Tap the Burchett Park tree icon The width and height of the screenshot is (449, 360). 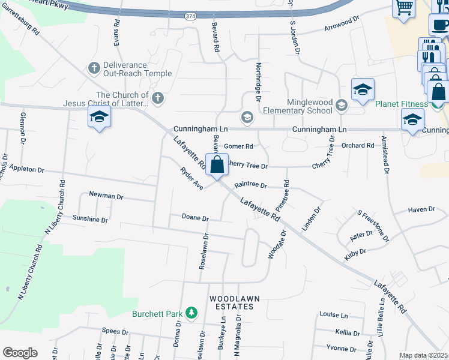pyautogui.click(x=191, y=313)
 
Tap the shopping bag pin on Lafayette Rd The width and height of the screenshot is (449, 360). pyautogui.click(x=217, y=164)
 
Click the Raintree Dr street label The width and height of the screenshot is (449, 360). pyautogui.click(x=250, y=185)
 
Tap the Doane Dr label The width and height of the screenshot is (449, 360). pyautogui.click(x=195, y=218)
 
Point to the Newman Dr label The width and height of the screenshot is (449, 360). pyautogui.click(x=106, y=196)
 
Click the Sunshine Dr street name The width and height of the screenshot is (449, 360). pyautogui.click(x=90, y=220)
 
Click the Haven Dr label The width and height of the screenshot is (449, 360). pyautogui.click(x=421, y=209)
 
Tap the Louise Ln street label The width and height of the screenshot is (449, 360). pyautogui.click(x=334, y=315)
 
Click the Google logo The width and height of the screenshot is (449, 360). pyautogui.click(x=20, y=353)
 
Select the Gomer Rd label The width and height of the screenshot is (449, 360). pyautogui.click(x=238, y=146)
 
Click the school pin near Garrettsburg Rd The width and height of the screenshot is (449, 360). pyautogui.click(x=100, y=118)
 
